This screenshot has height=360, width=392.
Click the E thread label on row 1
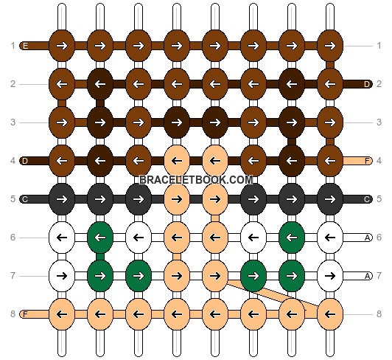25,46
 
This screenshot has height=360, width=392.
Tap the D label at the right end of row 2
367,84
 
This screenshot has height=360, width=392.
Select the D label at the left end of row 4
25,161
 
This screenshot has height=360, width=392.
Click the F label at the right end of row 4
367,161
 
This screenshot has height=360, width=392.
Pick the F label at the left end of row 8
25,314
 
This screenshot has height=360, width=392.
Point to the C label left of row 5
25,199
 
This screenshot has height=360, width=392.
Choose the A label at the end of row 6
367,238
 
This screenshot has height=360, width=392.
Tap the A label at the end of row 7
367,276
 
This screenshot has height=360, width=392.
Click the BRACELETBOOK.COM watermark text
196,180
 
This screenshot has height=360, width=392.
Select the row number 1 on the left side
13,46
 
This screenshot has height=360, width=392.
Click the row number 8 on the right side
379,314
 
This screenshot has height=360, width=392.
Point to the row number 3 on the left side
13,122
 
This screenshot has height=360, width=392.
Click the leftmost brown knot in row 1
62,46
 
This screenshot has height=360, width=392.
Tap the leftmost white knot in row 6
62,238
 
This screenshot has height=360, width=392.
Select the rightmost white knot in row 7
330,276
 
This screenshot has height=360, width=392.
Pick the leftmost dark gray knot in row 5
62,199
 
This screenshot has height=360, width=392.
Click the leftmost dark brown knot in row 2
100,84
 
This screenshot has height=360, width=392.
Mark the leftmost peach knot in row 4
177,161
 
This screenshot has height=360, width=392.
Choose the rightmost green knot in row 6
292,238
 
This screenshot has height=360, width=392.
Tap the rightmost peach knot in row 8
330,314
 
